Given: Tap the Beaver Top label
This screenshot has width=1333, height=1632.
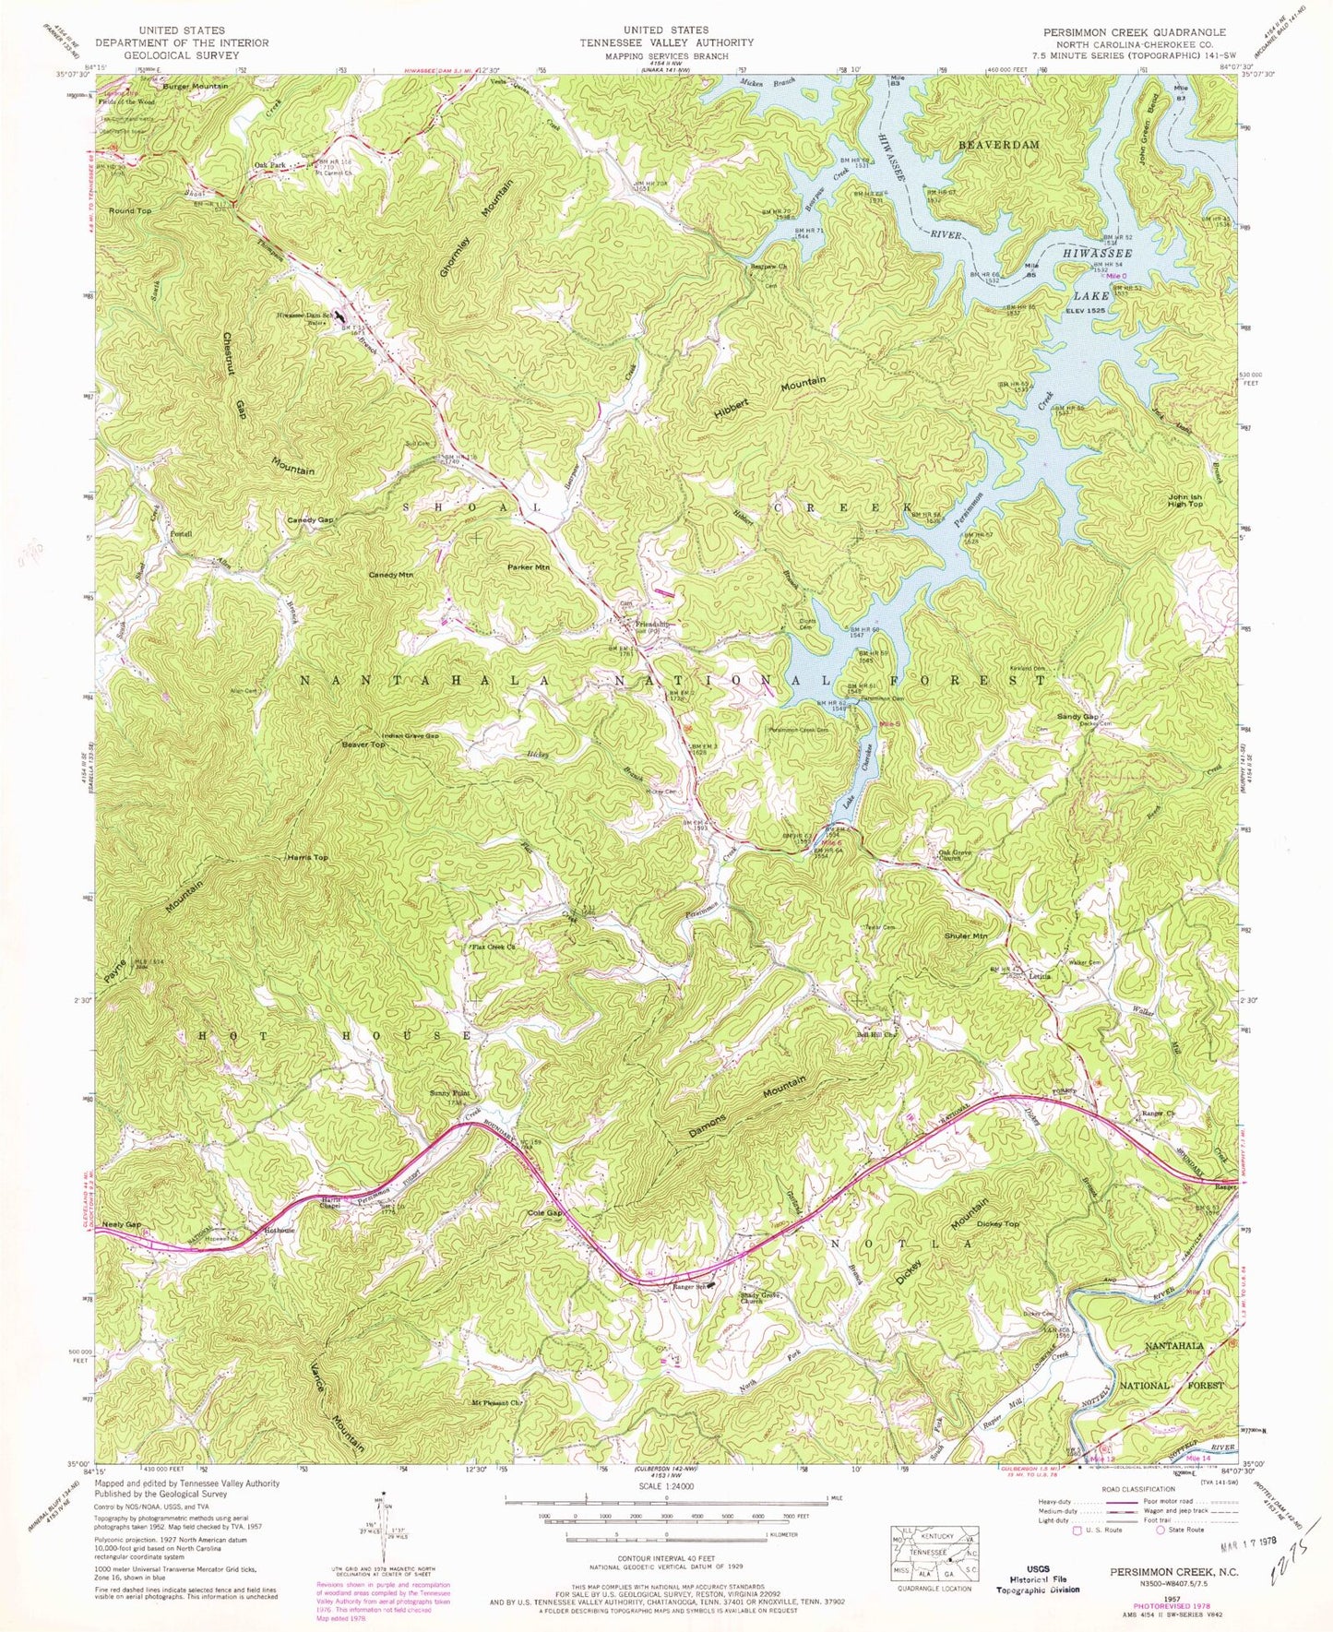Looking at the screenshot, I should pyautogui.click(x=363, y=744).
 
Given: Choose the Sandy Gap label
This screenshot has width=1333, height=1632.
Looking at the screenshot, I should pyautogui.click(x=1077, y=716).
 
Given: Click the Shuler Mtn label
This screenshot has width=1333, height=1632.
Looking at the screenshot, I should pyautogui.click(x=966, y=935).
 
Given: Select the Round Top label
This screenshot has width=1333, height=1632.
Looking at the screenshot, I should pyautogui.click(x=129, y=211).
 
